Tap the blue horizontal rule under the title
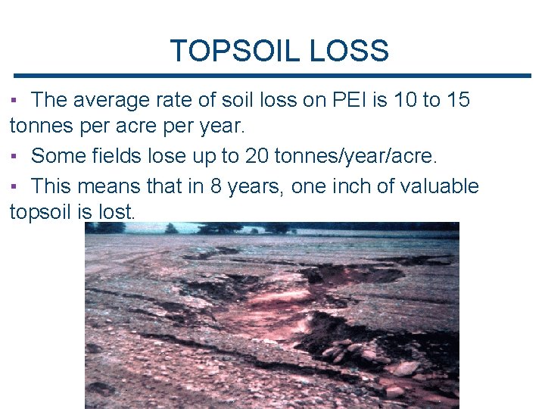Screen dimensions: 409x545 [272, 76]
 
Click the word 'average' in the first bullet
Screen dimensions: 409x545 [114, 100]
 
